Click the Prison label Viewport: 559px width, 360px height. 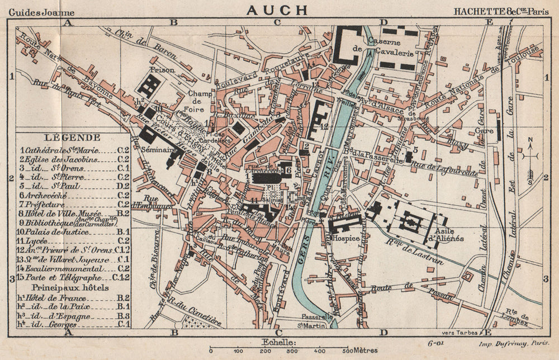[x=162, y=71]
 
